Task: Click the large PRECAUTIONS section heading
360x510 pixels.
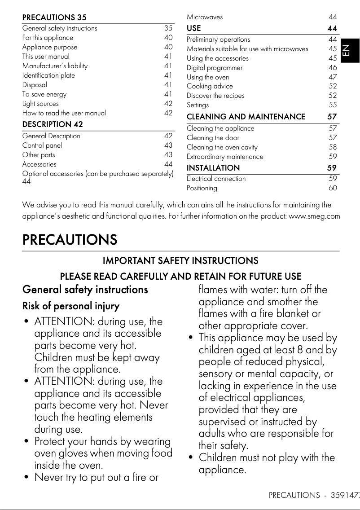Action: click(70, 240)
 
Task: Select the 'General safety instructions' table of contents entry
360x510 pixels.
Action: click(60, 28)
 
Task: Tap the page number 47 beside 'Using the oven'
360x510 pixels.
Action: click(332, 77)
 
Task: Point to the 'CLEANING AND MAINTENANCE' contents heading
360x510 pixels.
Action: click(246, 117)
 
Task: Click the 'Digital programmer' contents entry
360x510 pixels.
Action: click(215, 68)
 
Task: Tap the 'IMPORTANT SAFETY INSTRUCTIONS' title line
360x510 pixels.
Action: click(180, 261)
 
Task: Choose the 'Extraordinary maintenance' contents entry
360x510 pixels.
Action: click(225, 157)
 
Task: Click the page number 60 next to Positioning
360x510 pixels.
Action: click(332, 188)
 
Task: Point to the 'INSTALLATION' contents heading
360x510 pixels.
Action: click(213, 168)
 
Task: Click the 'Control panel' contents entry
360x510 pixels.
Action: click(42, 145)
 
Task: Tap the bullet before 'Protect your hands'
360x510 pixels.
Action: click(27, 442)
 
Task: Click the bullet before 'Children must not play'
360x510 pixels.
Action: click(191, 458)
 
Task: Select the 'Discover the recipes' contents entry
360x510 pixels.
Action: click(215, 96)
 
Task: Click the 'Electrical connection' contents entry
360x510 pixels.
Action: click(216, 179)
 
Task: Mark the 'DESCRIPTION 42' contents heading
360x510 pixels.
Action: click(53, 124)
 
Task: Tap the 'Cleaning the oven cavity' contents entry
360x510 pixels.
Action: click(222, 147)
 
